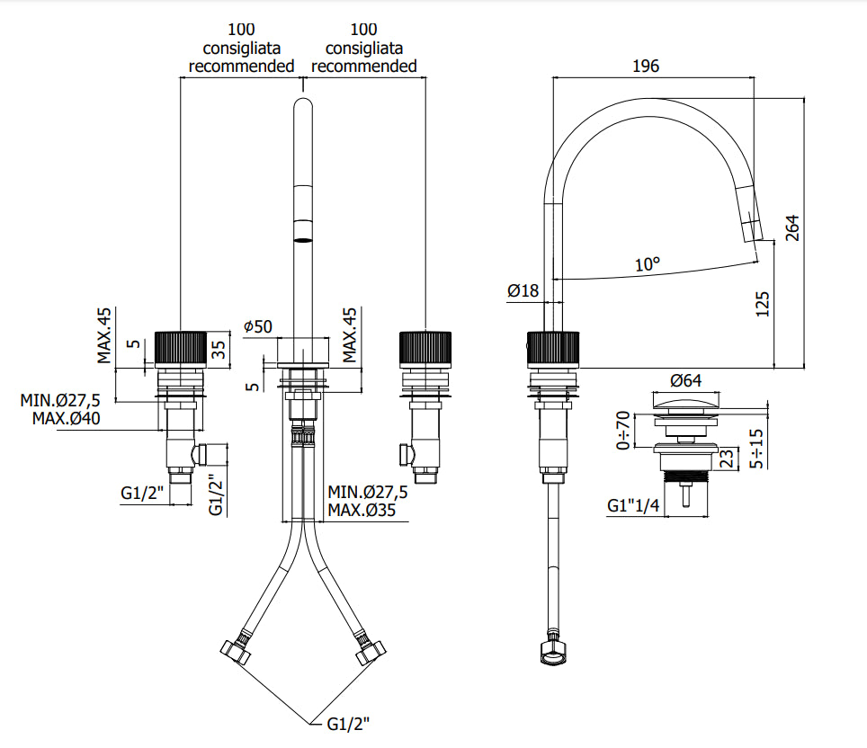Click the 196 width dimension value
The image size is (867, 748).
646,67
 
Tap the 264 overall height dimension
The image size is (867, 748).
793,227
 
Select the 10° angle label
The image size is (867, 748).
648,264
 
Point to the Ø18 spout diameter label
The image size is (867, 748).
523,290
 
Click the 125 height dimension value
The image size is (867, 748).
763,305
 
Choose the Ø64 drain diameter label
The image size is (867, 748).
685,380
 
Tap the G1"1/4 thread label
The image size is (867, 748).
633,505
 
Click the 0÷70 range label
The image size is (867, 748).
623,430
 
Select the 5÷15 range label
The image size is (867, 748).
757,449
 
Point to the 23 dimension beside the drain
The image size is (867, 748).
728,459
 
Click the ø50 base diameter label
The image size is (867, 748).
258,326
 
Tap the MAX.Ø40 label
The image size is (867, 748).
67,419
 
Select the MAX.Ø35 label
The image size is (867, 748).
362,510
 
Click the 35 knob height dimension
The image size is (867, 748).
219,350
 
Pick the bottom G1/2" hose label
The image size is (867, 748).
348,724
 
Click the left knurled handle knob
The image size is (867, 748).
181,350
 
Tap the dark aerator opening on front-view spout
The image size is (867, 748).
302,240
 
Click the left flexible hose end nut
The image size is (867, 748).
236,651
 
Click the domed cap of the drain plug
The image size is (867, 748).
685,400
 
